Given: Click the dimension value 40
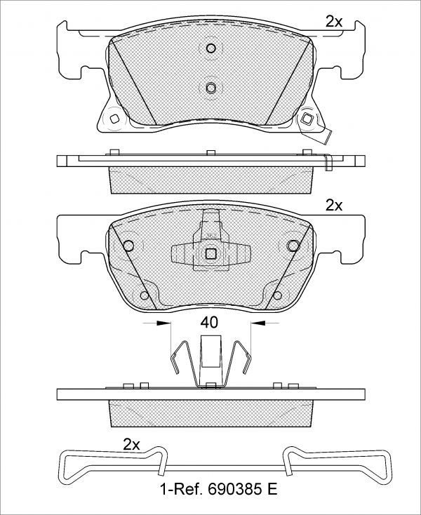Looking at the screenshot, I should [x=210, y=323].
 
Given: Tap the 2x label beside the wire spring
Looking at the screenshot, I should [x=132, y=444].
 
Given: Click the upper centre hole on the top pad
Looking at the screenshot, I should [x=211, y=48].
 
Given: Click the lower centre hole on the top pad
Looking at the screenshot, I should [x=211, y=87].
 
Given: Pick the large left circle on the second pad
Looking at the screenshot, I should [x=128, y=246].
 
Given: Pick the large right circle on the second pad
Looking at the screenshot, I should [x=293, y=246].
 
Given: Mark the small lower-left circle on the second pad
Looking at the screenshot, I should [x=145, y=295].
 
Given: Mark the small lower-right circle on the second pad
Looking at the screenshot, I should [x=276, y=295].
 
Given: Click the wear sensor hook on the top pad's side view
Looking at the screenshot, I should [x=328, y=161].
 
